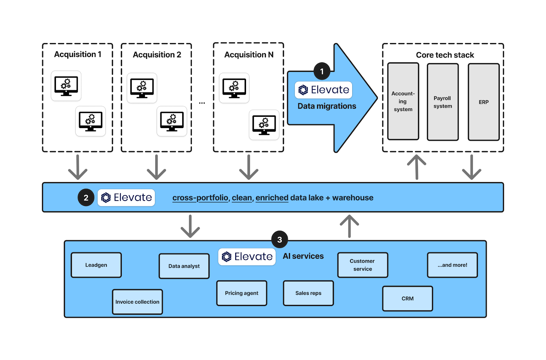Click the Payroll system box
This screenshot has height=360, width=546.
(443, 102)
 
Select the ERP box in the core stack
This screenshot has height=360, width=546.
(484, 102)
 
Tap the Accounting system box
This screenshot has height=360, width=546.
(403, 101)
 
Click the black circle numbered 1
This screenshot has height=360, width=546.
(322, 71)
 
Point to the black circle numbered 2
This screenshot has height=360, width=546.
(86, 197)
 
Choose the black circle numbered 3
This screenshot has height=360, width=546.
(279, 239)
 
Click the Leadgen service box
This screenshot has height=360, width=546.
(96, 265)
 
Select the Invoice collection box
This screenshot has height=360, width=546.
(138, 302)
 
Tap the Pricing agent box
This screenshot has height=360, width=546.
(242, 293)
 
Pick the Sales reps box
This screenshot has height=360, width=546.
(308, 293)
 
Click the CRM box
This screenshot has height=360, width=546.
(407, 299)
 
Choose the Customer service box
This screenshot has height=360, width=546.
(362, 265)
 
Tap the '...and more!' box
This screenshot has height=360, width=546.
(452, 265)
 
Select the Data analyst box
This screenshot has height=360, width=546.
(184, 266)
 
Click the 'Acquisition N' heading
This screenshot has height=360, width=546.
(249, 55)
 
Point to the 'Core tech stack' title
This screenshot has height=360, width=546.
(445, 55)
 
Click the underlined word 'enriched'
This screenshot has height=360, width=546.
(272, 198)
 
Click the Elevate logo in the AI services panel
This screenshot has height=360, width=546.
(247, 257)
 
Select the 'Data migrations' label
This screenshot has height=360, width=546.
(327, 106)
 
